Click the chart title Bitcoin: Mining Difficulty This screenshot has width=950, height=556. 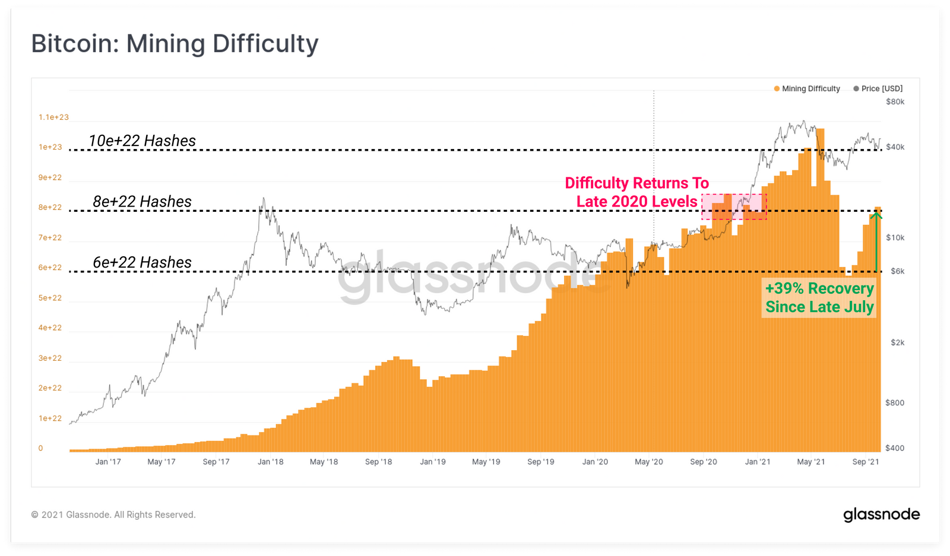[175, 44]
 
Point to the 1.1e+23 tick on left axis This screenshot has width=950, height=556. [53, 117]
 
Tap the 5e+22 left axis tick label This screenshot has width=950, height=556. [50, 298]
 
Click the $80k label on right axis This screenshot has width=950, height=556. [895, 101]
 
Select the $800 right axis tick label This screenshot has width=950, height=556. [895, 402]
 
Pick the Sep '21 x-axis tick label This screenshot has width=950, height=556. [865, 462]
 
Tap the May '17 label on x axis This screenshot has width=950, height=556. [161, 462]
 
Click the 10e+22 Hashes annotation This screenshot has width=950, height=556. [142, 141]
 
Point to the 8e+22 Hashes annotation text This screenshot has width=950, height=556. [142, 202]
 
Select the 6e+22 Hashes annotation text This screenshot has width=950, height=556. [142, 262]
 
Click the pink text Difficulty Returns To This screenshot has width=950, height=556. [636, 183]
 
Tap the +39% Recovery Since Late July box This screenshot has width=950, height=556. [819, 298]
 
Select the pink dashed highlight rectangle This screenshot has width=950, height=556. [734, 206]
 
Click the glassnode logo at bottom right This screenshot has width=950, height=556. [881, 514]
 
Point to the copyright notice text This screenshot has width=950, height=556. [113, 514]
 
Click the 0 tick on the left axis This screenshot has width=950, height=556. [40, 449]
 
